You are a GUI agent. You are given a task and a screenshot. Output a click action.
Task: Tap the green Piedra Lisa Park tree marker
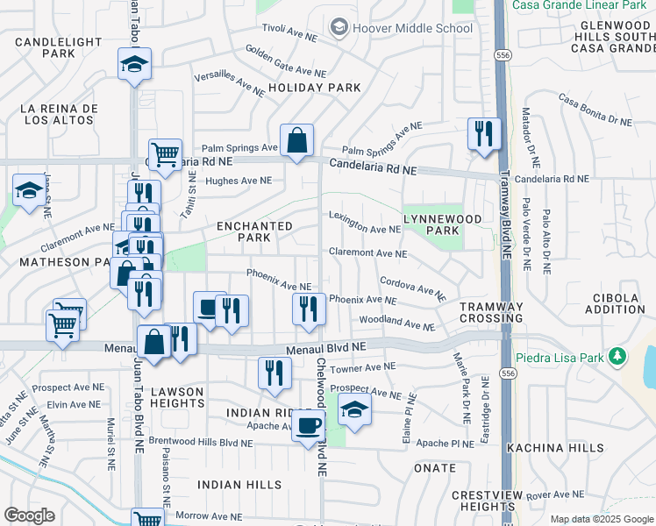pos(618,356)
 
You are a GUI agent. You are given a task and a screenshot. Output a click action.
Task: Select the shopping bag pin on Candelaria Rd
pos(297,140)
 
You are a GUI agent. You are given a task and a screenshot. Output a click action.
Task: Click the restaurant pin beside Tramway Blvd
pos(483,134)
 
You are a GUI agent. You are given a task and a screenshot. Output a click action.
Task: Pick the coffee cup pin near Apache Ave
pos(308,426)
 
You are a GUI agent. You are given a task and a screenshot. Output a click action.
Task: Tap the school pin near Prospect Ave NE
pos(354,410)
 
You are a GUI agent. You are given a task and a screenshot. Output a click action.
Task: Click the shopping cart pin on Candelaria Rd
pos(165,156)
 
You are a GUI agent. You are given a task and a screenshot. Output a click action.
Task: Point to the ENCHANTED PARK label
pos(254,232)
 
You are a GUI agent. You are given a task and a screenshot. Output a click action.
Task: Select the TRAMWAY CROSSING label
pos(491,312)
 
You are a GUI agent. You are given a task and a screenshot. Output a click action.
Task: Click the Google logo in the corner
pos(29,515)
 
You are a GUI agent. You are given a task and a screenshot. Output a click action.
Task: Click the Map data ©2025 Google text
pos(601,519)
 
